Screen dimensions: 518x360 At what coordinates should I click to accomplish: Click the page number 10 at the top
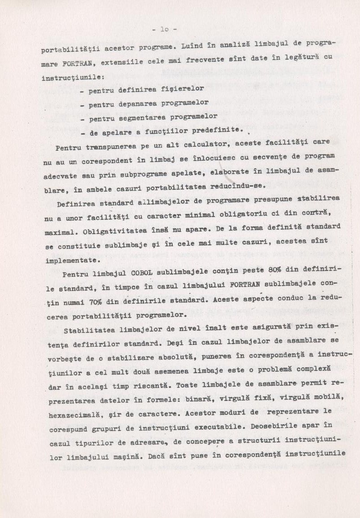(x=164, y=30)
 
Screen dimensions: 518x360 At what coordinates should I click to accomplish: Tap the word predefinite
(x=217, y=131)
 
